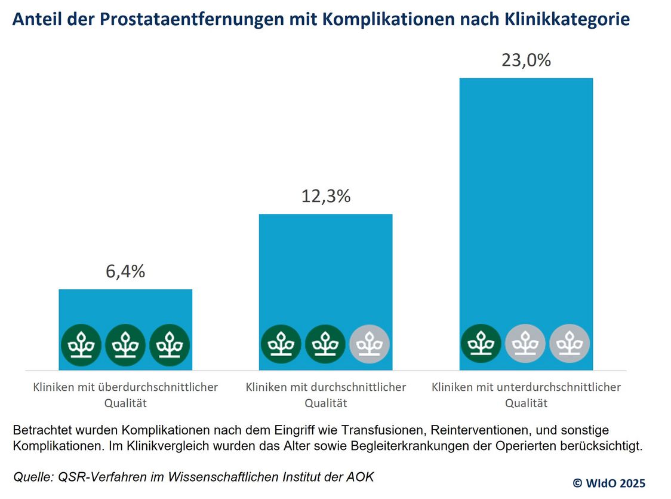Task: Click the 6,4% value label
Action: tap(125, 272)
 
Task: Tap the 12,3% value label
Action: tap(325, 196)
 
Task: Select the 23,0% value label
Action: tap(526, 60)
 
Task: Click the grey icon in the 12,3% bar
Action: tap(370, 345)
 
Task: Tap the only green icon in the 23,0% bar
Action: tap(481, 345)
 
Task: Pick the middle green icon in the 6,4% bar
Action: tap(125, 345)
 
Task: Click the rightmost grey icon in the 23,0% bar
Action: tap(570, 345)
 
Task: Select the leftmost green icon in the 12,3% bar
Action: tap(281, 345)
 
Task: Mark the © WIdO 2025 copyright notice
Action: tap(609, 483)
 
